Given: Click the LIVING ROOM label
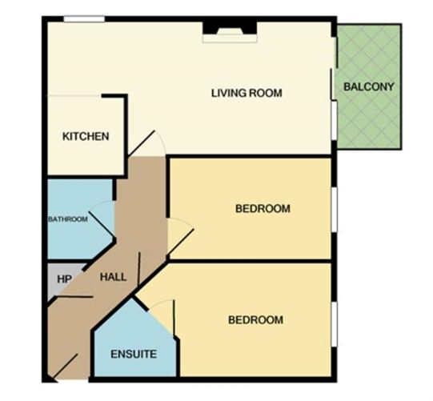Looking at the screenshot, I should tap(247, 93).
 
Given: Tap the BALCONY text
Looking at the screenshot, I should tap(368, 86).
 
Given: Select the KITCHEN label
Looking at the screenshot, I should tap(86, 136).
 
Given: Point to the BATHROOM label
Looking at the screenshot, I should tap(67, 219).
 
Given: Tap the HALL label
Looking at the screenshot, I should tap(112, 276).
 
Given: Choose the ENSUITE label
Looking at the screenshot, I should tap(134, 353).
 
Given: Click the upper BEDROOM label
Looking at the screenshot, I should tap(262, 209).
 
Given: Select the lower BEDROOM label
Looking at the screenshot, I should tap(255, 320).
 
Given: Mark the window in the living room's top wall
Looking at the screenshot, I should tap(84, 18).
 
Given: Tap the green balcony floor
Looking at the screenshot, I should tap(368, 120).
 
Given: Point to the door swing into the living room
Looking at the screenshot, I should tap(150, 144).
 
